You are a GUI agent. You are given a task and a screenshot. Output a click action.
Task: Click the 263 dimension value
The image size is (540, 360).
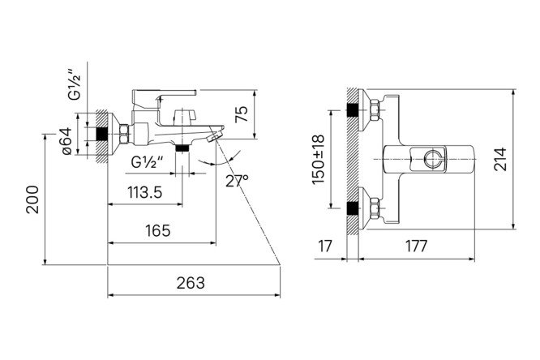(191, 283)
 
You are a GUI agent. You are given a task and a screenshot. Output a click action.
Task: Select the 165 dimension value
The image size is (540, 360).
(157, 231)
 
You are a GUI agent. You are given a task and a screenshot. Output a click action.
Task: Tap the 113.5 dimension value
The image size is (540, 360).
(144, 192)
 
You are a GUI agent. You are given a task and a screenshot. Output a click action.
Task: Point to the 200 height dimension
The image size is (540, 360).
(32, 199)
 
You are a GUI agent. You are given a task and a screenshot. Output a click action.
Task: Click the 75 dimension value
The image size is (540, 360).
(242, 114)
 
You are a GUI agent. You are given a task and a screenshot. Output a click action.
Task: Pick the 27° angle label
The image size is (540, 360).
(237, 181)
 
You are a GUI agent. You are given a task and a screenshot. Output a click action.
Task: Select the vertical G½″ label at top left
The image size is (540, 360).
(75, 85)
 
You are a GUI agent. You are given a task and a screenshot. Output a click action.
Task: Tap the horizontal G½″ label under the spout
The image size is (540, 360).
(147, 162)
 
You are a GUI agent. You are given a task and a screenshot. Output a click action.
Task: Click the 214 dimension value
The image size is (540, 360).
(500, 159)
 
